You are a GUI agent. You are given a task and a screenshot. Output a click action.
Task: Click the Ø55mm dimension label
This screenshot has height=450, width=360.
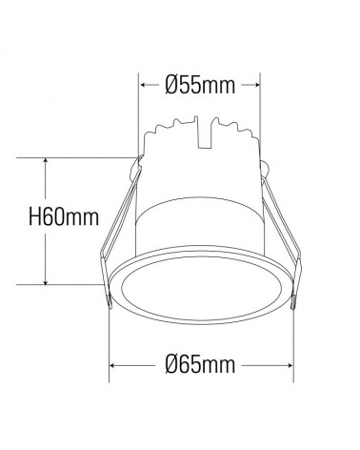pos(200,85)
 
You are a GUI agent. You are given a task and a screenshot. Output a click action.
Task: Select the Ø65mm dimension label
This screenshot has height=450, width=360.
pos(200,365)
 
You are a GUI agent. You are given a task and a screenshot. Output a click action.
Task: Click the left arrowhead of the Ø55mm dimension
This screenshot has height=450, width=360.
pos(145,85)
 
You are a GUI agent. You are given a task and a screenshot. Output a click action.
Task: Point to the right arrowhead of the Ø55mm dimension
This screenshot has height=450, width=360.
pos(256,85)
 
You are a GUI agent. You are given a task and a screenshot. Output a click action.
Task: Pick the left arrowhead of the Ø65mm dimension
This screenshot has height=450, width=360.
pos(116,365)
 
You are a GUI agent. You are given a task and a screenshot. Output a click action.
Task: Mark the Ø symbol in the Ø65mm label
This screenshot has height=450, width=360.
pos(171,365)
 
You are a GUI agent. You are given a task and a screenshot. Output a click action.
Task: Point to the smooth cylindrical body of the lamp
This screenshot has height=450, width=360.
pos(201,219)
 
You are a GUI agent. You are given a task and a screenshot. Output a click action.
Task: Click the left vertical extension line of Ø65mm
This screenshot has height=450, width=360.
pos(112,338)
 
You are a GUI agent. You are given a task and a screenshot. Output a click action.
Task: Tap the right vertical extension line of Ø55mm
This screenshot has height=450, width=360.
pos(260,105)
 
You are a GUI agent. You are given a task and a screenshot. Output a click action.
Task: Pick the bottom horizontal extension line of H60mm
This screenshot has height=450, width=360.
pos(76,283)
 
